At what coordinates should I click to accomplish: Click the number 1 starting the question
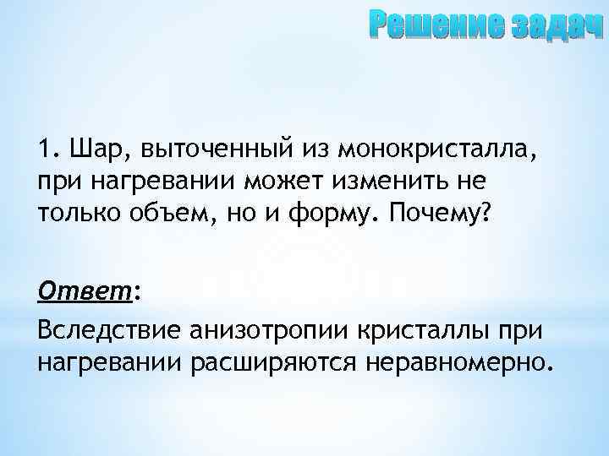pos(44,151)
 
